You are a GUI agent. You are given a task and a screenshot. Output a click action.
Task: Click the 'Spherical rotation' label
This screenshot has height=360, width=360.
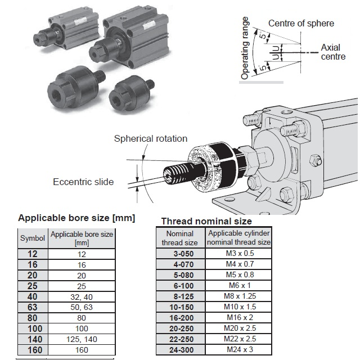click(151, 138)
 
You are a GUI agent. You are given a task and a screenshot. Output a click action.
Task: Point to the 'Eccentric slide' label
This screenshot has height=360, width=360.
click(83, 182)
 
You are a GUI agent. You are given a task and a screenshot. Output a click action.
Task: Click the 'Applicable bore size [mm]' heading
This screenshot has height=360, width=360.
click(77, 218)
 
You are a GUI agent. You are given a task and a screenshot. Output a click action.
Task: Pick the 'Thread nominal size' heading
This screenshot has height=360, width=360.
click(206, 221)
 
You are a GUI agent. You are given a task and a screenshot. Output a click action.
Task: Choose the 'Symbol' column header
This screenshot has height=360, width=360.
click(33, 238)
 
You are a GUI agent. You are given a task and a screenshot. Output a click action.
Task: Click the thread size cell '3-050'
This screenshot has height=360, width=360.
click(180, 253)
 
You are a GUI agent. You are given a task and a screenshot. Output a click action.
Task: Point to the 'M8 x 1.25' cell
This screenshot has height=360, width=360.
click(240, 296)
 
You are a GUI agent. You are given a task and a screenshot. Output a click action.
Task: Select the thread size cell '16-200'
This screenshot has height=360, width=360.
click(180, 317)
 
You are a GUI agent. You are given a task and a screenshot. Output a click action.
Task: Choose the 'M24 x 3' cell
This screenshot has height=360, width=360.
click(240, 350)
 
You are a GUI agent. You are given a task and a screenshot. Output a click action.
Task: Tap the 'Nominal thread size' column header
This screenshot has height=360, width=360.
click(180, 238)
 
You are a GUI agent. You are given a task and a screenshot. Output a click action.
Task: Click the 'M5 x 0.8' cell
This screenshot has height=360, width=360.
click(240, 274)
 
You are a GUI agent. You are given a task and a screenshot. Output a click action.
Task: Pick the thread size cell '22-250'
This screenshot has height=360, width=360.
click(180, 339)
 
